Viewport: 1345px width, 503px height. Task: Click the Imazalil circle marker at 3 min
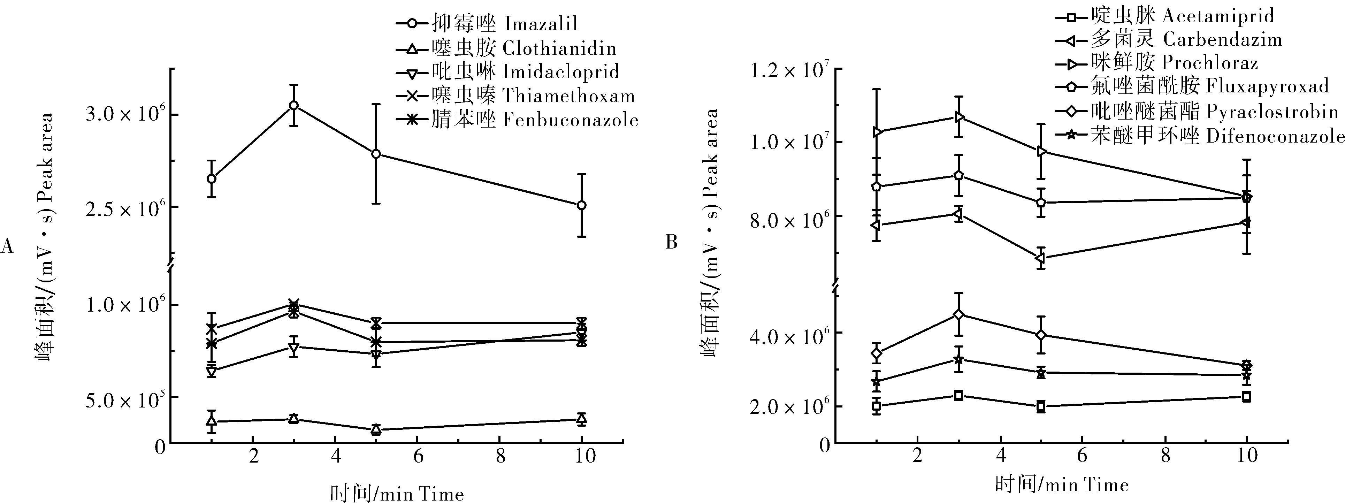tap(294, 105)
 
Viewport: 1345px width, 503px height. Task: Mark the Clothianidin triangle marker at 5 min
tap(375, 429)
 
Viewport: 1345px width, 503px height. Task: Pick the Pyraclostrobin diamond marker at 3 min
tap(958, 314)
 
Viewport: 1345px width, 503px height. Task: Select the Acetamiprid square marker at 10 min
tap(1246, 396)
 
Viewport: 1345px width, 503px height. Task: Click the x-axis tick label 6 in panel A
tap(418, 457)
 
